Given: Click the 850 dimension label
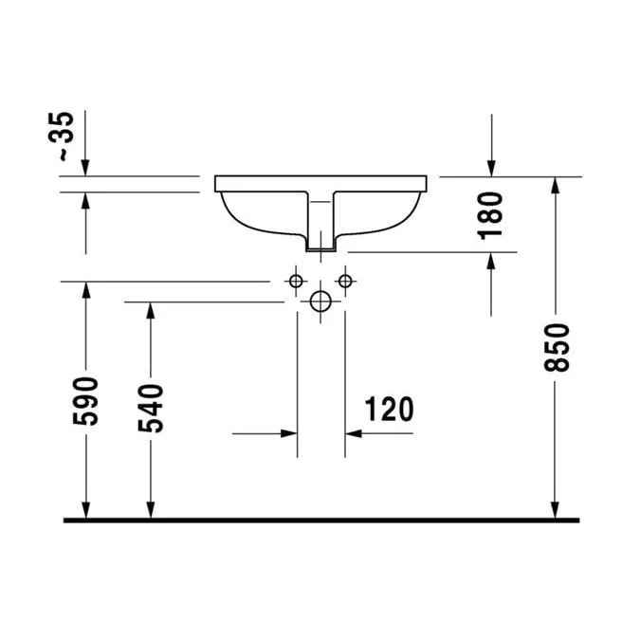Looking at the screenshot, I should (559, 347).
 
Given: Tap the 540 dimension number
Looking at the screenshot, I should (150, 409).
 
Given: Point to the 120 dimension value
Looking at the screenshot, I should (389, 410).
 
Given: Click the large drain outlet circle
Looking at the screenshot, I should (321, 302).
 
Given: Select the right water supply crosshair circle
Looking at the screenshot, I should (345, 281).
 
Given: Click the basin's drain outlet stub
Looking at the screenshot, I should (321, 245).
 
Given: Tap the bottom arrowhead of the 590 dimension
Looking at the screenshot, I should (86, 511).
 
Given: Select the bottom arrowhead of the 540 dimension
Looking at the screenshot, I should (150, 511).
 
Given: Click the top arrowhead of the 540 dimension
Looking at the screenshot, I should (150, 310).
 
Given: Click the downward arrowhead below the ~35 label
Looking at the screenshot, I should (86, 168).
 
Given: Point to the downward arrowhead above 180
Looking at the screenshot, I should (492, 168).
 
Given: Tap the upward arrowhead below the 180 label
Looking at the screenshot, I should (492, 262).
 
